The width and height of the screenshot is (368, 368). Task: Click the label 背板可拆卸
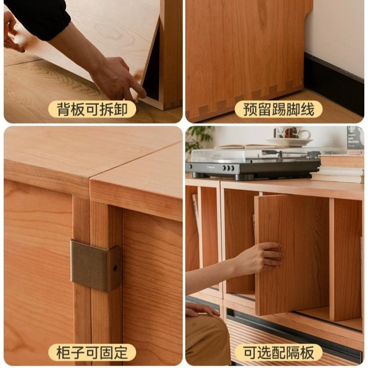[x=92, y=109]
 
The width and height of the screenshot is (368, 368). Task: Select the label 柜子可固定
[x=92, y=353]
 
